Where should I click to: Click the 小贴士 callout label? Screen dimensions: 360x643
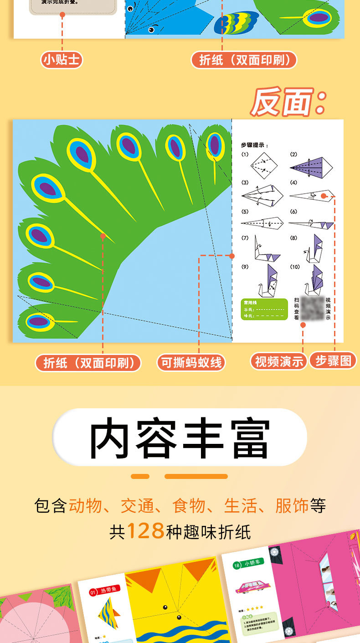(x=62, y=60)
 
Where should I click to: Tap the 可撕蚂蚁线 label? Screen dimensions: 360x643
(x=191, y=362)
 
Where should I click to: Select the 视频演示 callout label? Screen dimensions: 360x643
(x=278, y=361)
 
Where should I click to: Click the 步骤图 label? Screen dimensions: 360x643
(x=333, y=360)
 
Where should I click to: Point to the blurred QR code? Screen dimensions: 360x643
(x=313, y=309)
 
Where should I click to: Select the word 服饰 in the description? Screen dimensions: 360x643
(x=292, y=506)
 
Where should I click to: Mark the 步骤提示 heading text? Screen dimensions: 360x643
(x=254, y=145)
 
